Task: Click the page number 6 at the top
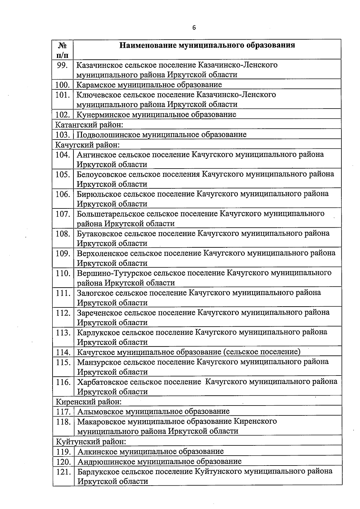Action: tap(194, 28)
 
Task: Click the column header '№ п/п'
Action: tap(62, 50)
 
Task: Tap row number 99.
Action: tap(63, 65)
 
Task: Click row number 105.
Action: tap(63, 174)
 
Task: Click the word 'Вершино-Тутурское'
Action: tap(114, 273)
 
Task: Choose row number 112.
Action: tap(63, 313)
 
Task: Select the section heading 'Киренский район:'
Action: tap(89, 401)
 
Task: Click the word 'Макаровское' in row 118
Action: tap(101, 421)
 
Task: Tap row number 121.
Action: tap(63, 472)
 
